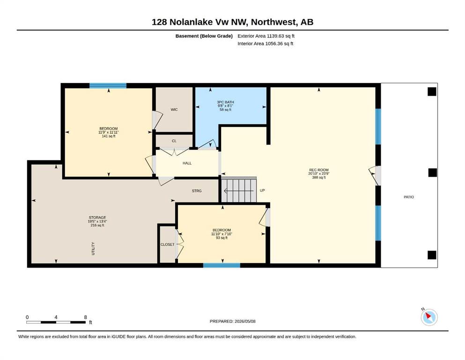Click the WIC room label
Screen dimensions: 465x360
[174, 110]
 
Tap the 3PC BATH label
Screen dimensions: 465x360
[225, 102]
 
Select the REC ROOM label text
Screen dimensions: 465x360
[319, 170]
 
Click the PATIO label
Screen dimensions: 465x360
[409, 197]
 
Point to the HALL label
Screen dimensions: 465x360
[187, 163]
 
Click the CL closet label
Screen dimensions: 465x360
[174, 141]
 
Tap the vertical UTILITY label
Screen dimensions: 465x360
[93, 249]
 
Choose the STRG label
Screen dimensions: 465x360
[197, 191]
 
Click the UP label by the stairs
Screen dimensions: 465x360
[262, 190]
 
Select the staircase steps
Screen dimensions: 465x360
[239, 190]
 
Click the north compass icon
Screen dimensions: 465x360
[429, 317]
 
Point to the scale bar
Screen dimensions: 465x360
[56, 322]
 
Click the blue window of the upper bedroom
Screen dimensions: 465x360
[108, 86]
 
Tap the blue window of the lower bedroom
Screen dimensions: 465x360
[221, 265]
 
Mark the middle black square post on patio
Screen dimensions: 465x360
[432, 172]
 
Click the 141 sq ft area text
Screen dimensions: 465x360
[109, 136]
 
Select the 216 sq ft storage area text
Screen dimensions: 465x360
[97, 225]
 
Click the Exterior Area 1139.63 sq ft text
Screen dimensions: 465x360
[266, 36]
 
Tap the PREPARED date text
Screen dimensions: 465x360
[232, 321]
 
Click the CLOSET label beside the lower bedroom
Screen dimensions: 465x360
[168, 245]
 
